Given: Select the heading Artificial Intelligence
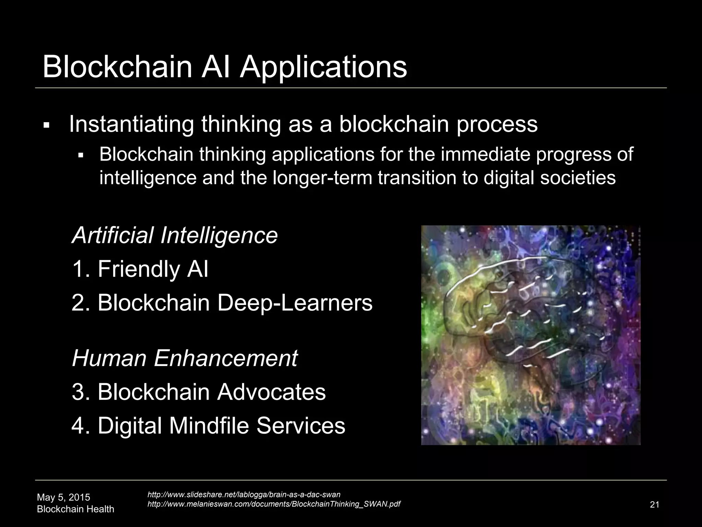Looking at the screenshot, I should tap(175, 235).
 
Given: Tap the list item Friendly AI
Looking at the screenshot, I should tap(140, 269).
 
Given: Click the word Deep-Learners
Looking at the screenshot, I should tap(294, 303).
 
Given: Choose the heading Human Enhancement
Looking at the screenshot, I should tap(185, 358).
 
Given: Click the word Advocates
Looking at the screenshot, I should tap(271, 392).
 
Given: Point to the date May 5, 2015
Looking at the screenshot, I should tap(63, 497).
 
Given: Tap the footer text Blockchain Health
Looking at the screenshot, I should tap(75, 509).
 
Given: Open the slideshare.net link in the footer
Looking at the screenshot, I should tap(244, 495).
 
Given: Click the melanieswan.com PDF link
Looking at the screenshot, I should tap(274, 504).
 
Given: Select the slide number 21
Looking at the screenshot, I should tap(654, 505).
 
